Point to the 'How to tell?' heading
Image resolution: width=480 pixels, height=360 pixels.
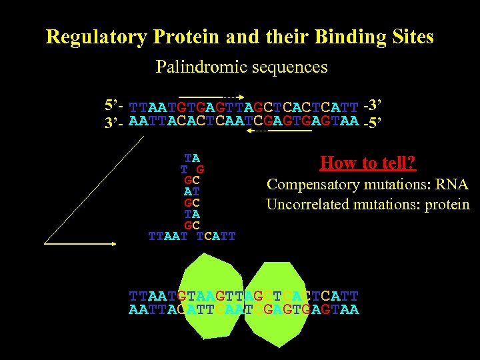368,163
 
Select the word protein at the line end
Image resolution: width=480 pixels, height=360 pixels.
446,204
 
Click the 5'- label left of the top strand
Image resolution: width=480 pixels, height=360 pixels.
115,105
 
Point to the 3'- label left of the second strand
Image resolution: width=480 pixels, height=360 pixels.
115,121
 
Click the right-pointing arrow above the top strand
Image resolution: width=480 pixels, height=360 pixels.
213,97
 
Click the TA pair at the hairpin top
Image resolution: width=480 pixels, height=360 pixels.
192,159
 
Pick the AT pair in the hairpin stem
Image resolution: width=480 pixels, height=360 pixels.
192,191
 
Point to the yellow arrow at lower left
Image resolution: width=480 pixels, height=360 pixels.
81,244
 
